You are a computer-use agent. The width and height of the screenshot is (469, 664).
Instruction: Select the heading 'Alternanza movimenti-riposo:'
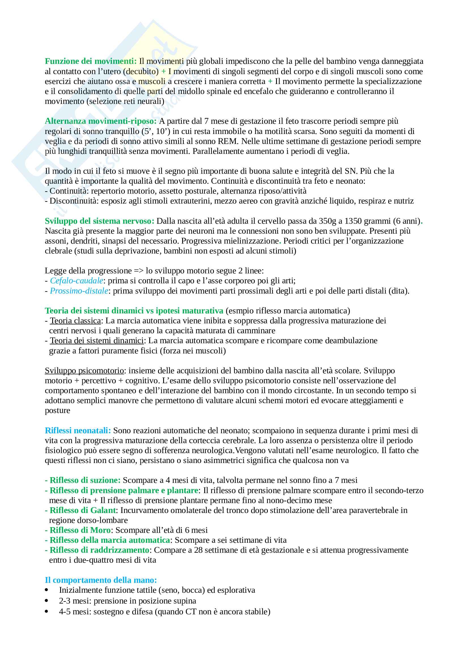click(x=100, y=121)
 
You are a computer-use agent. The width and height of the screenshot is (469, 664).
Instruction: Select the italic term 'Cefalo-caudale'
click(x=77, y=281)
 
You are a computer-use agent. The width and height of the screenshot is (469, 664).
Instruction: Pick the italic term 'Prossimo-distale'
click(x=79, y=291)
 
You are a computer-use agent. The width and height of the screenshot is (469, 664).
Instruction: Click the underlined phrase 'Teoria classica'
click(x=75, y=321)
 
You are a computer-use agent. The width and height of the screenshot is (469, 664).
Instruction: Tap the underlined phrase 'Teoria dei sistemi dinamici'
click(x=97, y=341)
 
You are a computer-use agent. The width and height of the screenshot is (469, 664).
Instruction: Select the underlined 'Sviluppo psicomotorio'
click(x=84, y=371)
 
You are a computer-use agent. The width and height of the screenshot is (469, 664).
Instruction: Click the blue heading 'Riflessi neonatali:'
click(x=78, y=431)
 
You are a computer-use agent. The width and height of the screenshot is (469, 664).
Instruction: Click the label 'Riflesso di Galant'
click(x=83, y=510)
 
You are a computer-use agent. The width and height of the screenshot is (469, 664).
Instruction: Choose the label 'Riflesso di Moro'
click(x=80, y=530)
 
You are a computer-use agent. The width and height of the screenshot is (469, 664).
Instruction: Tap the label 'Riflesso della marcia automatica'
click(x=110, y=540)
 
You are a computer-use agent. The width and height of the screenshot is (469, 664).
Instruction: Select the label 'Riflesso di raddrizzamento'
click(x=99, y=550)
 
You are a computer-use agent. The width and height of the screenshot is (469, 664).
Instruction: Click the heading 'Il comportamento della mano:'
click(x=101, y=580)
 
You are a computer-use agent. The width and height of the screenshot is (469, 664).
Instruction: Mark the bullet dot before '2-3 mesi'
click(x=47, y=601)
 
